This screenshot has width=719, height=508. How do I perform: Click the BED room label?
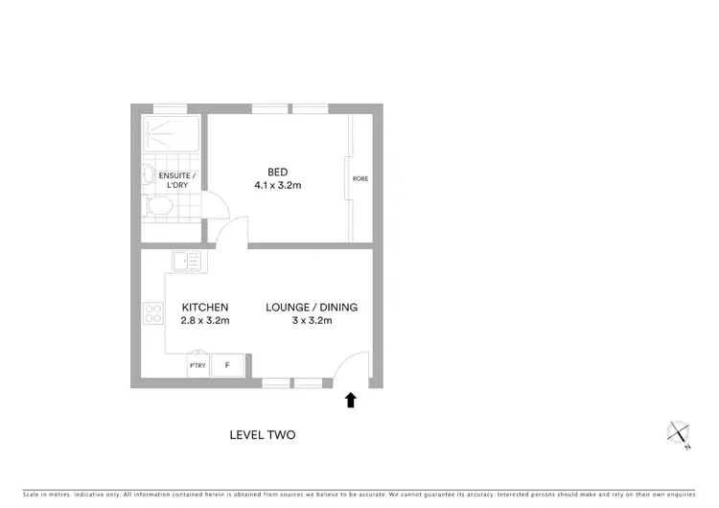pyautogui.click(x=277, y=173)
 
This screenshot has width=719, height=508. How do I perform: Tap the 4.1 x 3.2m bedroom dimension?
pyautogui.click(x=277, y=185)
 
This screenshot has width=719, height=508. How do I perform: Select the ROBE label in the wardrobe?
pyautogui.click(x=360, y=179)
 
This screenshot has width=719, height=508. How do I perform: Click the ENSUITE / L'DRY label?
pyautogui.click(x=176, y=180)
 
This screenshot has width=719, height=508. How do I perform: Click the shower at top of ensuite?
pyautogui.click(x=170, y=134)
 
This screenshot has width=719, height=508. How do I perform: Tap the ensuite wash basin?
pyautogui.click(x=147, y=174)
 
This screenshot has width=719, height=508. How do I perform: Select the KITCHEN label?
pyautogui.click(x=204, y=308)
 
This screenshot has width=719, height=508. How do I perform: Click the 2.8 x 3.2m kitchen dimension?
pyautogui.click(x=204, y=320)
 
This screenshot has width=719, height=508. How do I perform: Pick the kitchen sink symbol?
pyautogui.click(x=185, y=260)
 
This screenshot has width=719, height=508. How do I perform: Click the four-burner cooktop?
pyautogui.click(x=152, y=312)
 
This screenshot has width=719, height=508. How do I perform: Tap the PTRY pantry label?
pyautogui.click(x=198, y=365)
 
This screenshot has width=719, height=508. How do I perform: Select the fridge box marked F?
pyautogui.click(x=227, y=365)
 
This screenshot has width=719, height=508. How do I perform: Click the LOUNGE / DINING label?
pyautogui.click(x=312, y=308)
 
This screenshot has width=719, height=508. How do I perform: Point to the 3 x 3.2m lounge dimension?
pyautogui.click(x=312, y=320)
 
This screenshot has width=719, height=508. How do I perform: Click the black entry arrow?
pyautogui.click(x=351, y=400)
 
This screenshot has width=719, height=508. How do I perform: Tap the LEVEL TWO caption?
pyautogui.click(x=263, y=434)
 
